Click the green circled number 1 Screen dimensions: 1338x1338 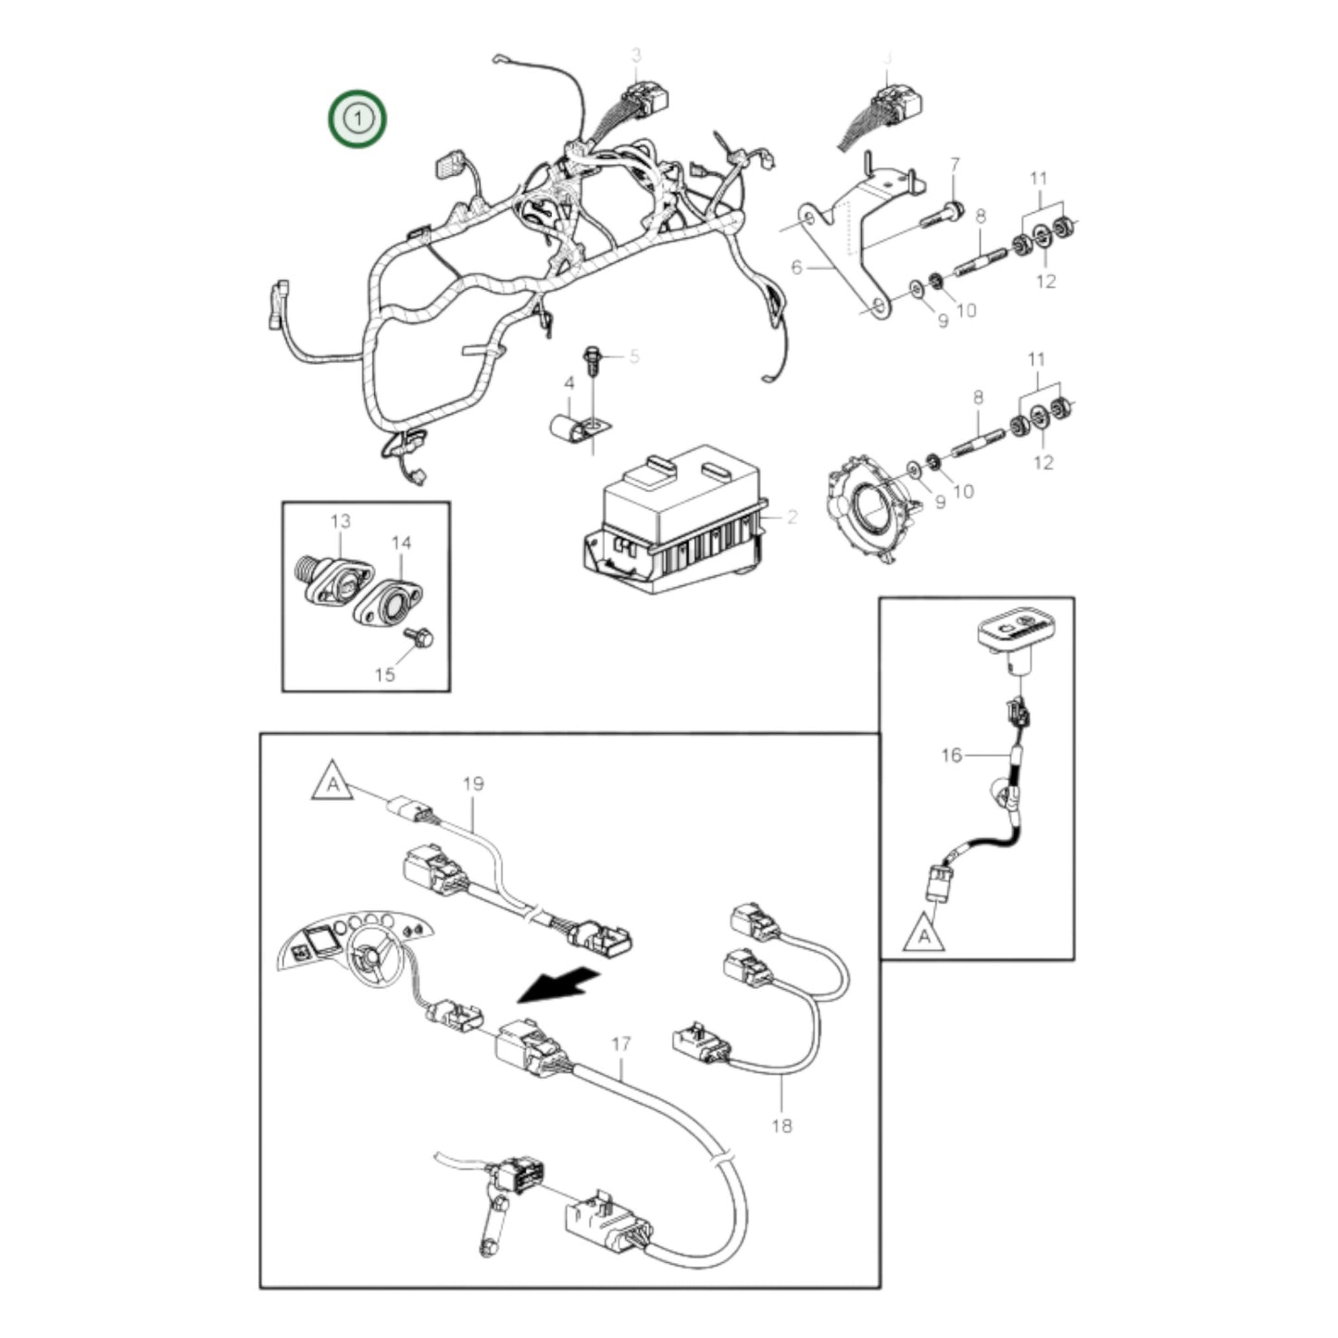[x=357, y=119]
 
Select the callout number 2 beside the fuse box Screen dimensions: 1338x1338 [x=792, y=518]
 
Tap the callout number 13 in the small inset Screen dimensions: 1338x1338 [x=341, y=521]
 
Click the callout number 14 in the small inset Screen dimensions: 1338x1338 [x=401, y=544]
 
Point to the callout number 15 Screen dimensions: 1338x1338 [x=384, y=674]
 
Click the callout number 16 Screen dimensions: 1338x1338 [x=951, y=756]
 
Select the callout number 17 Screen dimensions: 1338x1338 [x=620, y=1044]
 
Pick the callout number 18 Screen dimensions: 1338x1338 [x=782, y=1126]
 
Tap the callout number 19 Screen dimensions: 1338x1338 [x=472, y=784]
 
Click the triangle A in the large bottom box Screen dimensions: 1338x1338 [x=331, y=782]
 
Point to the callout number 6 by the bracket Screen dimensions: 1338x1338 [x=796, y=269]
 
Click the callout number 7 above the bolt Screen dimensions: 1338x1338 [x=956, y=165]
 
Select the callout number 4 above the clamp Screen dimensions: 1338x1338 [x=569, y=382]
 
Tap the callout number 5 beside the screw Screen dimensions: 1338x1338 [x=634, y=356]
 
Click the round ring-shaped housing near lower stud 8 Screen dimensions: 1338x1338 [x=870, y=505]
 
